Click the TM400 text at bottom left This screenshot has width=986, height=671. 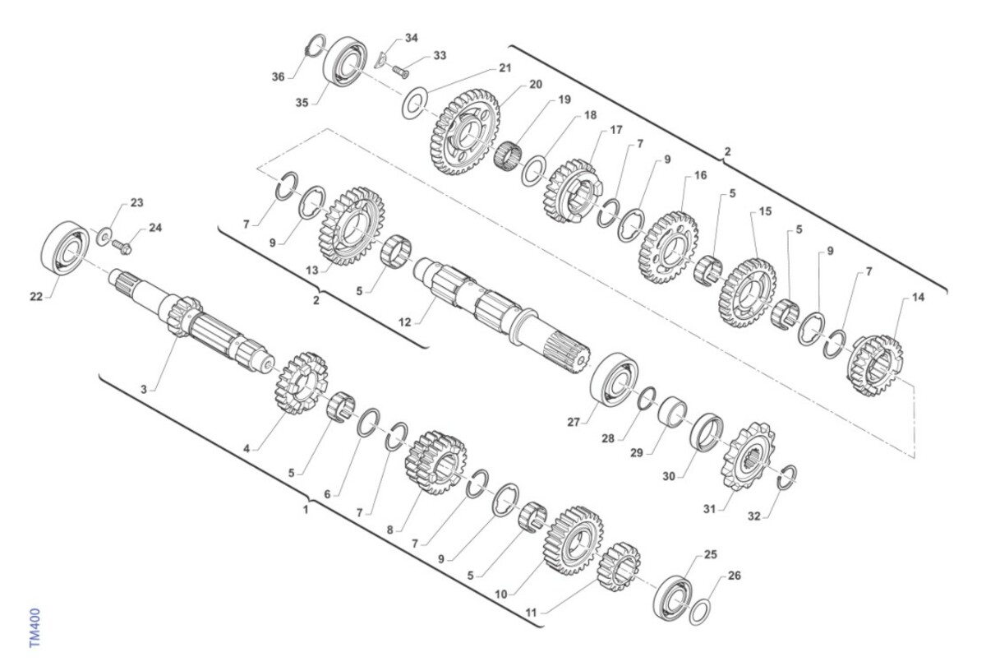[x=35, y=627]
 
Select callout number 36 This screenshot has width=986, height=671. [x=278, y=77]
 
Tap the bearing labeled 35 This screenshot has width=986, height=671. [x=346, y=60]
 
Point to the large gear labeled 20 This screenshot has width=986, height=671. [x=464, y=132]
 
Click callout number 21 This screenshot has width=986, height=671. [x=505, y=68]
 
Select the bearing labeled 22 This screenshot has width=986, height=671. [x=65, y=248]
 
